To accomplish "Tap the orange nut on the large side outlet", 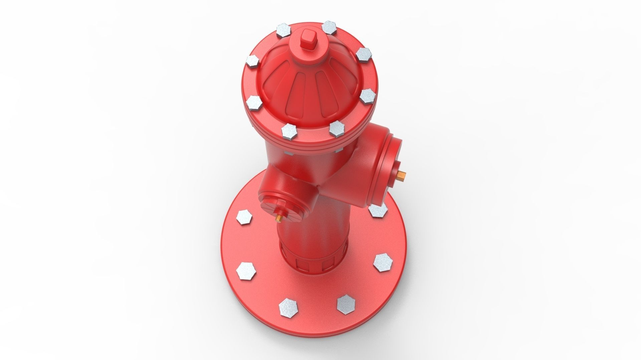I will coord(402,174).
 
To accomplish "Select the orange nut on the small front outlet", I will coord(278,218).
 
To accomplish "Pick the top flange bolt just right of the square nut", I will coord(330,27).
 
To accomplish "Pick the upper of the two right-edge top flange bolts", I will coord(364,54).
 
